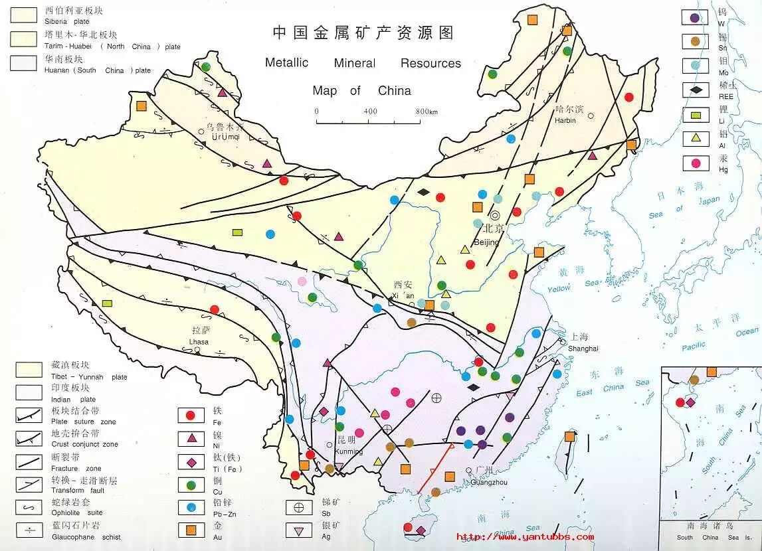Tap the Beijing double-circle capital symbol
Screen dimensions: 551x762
[x=495, y=215]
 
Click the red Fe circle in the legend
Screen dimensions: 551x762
[x=190, y=416]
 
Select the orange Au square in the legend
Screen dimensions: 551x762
[x=190, y=530]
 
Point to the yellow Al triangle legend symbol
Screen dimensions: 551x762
[x=696, y=138]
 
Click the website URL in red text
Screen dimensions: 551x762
[x=525, y=537]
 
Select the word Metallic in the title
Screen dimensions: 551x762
[x=286, y=63]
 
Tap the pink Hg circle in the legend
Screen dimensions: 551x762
[x=696, y=163]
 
